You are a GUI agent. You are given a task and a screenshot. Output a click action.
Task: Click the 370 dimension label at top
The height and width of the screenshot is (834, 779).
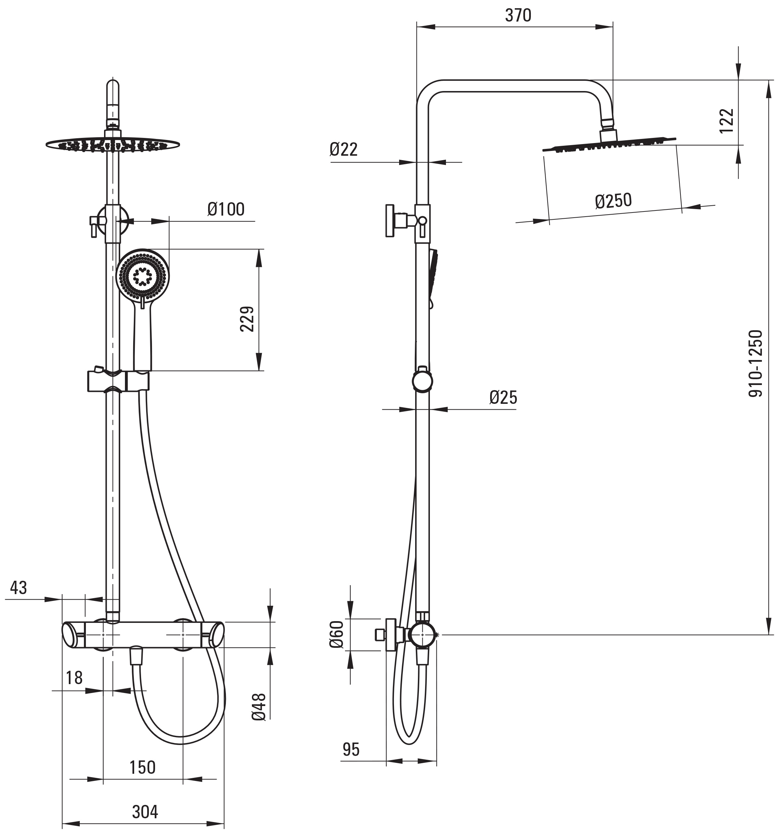(518, 15)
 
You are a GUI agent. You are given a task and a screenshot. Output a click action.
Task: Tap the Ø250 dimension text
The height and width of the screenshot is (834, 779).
(613, 201)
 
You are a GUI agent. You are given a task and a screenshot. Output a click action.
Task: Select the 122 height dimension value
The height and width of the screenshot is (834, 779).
(727, 121)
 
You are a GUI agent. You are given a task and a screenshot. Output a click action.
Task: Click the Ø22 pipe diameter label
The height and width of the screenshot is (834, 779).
(344, 149)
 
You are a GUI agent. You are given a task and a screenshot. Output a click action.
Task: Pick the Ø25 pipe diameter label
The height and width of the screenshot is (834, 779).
(503, 397)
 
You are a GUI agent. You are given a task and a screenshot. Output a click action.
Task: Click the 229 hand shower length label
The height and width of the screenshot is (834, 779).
(247, 319)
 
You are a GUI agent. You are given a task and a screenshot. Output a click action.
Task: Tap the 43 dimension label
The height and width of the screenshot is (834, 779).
(18, 588)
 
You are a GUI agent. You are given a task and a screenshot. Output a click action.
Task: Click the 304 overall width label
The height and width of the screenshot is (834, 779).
(145, 812)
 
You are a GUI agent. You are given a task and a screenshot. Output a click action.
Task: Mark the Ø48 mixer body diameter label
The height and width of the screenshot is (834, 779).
(259, 707)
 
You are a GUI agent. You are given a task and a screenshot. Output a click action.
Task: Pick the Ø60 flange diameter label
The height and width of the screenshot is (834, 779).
(336, 634)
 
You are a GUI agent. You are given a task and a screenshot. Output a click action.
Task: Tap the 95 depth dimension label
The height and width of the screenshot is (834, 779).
(351, 749)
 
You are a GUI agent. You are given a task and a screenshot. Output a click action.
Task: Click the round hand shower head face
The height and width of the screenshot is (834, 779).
(143, 275)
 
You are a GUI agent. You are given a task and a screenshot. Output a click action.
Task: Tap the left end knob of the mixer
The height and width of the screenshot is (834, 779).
(73, 635)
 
